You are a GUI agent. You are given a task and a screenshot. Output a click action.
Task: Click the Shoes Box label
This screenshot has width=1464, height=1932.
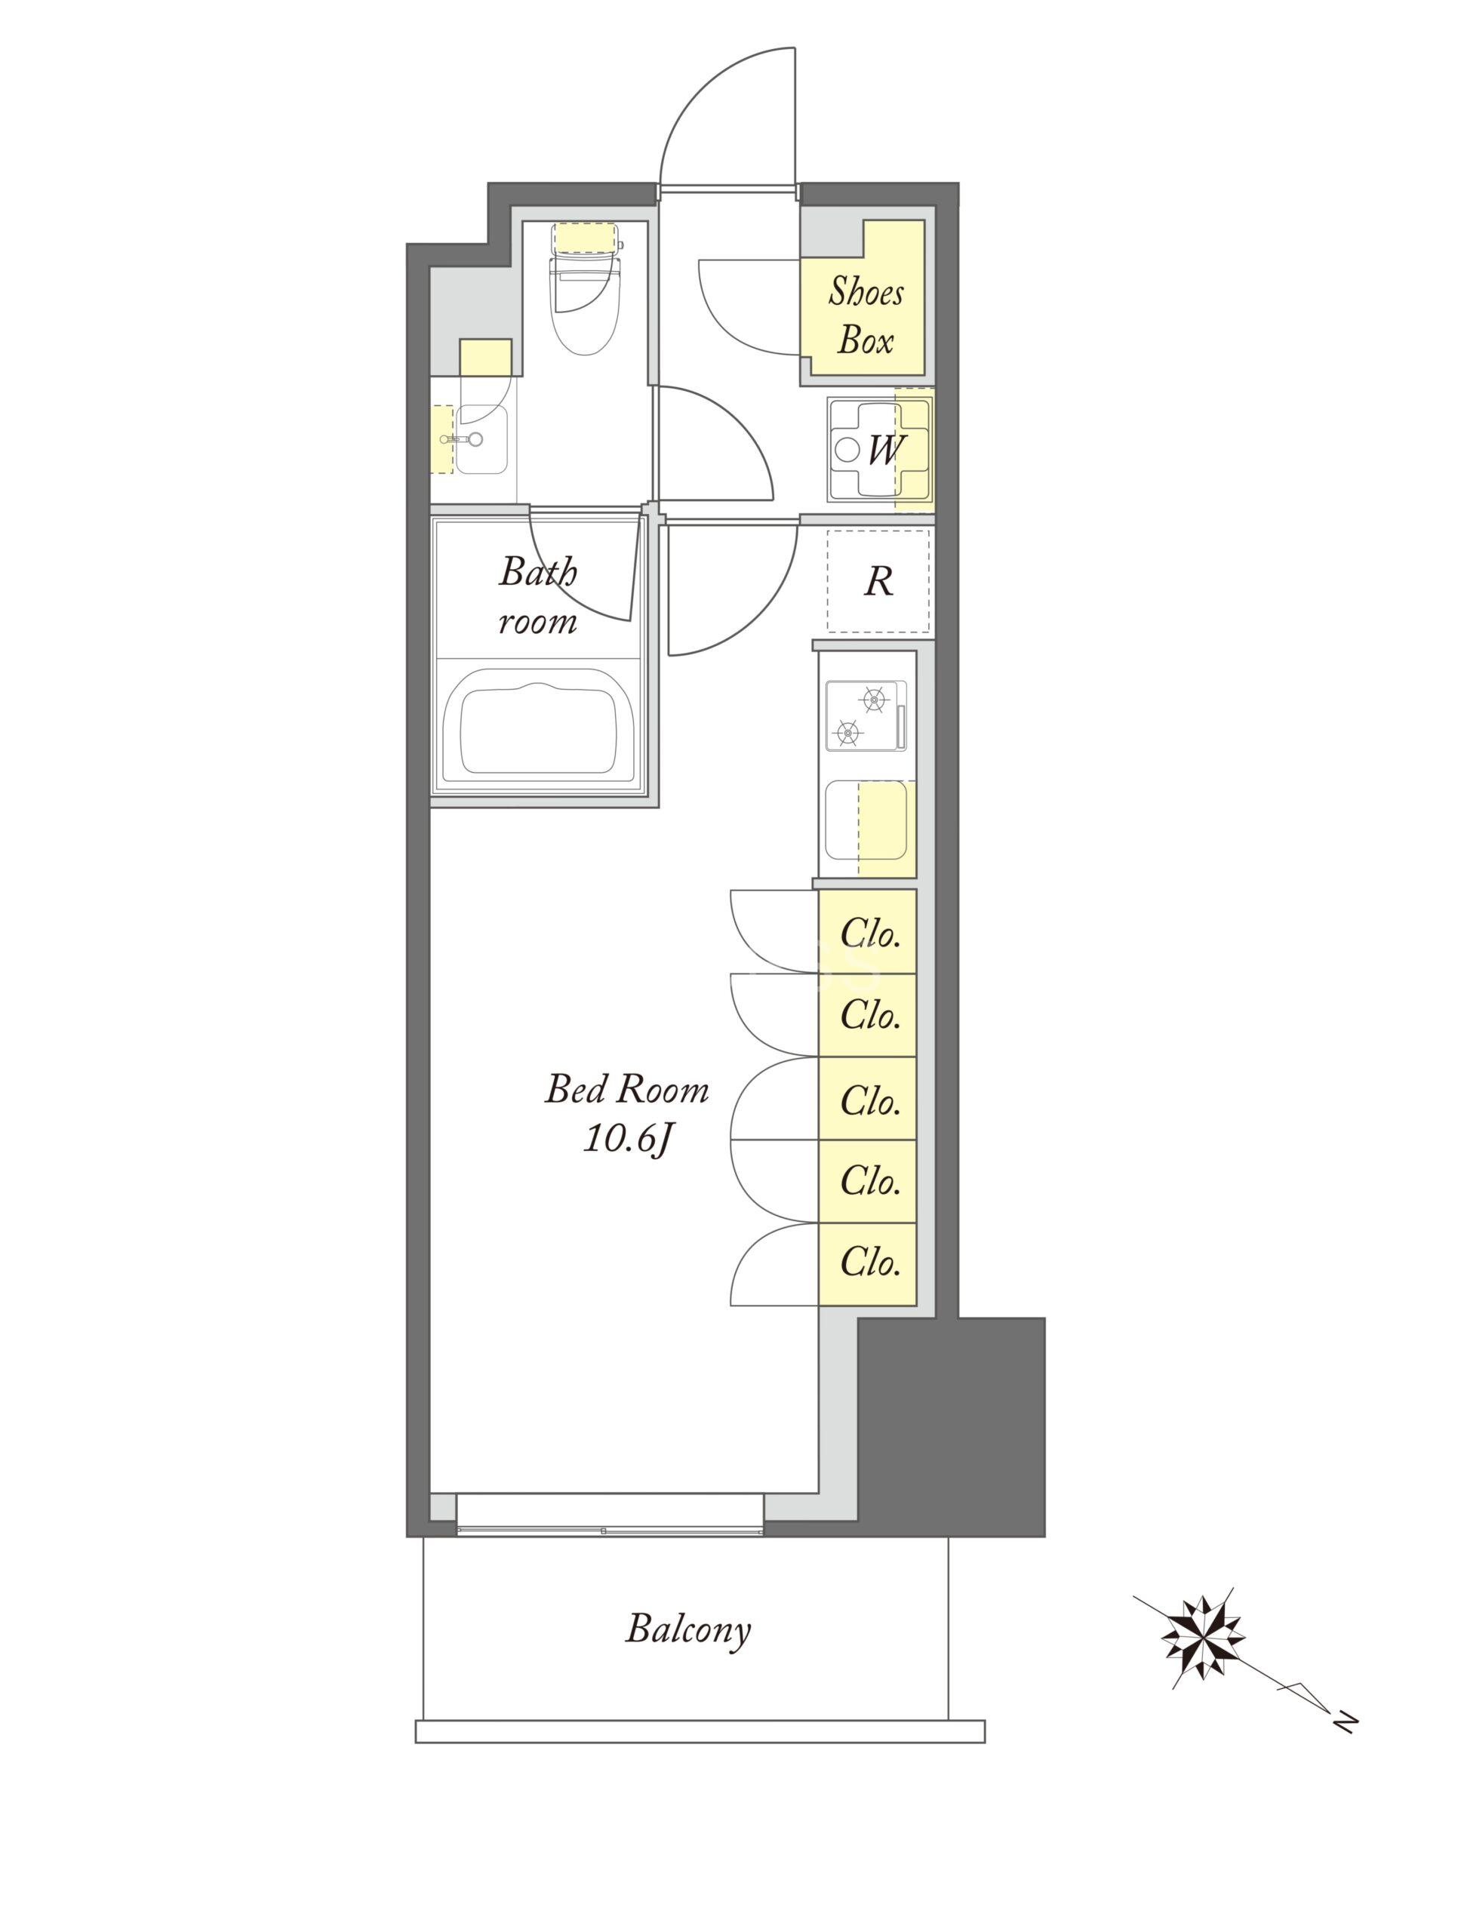pyautogui.click(x=865, y=315)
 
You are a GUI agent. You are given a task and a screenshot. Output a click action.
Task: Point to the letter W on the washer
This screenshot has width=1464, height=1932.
pyautogui.click(x=885, y=451)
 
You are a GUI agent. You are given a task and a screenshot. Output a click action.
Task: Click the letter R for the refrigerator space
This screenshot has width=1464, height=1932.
pyautogui.click(x=878, y=582)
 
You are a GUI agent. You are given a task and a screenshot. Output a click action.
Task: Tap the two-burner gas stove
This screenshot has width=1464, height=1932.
pyautogui.click(x=866, y=715)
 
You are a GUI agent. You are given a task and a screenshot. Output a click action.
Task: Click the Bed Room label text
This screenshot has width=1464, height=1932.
pyautogui.click(x=626, y=1091)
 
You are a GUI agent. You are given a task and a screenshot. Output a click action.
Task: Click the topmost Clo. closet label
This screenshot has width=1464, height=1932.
pyautogui.click(x=870, y=935)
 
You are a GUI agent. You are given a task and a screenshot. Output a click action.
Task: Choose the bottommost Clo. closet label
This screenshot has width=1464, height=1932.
pyautogui.click(x=870, y=1262)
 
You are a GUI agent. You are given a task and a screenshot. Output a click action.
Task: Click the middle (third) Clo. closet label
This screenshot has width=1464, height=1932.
pyautogui.click(x=870, y=1100)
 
